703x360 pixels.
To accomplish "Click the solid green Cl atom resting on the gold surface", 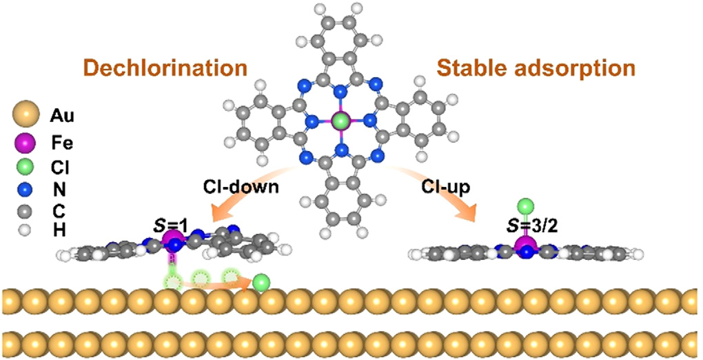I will (x=261, y=281).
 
